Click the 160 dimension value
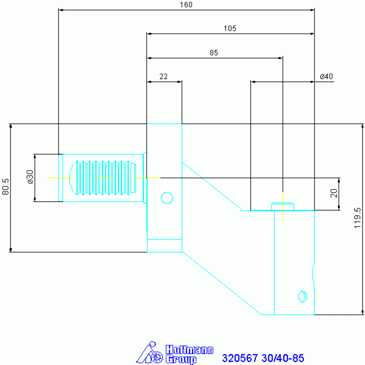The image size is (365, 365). [x=186, y=5]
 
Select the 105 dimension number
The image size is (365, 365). [x=230, y=29]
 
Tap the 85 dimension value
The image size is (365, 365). [x=214, y=53]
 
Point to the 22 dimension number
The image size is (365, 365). [x=163, y=76]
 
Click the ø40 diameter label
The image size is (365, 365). [x=326, y=76]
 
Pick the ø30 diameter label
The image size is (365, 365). [x=30, y=177]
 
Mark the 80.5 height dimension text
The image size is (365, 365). [x=5, y=187]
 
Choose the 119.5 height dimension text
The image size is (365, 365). [x=357, y=218]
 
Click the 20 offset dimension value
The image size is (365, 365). [x=334, y=193]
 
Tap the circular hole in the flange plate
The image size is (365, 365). [x=167, y=198]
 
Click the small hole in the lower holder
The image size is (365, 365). [x=303, y=297]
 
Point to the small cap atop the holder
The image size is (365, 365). [x=283, y=207]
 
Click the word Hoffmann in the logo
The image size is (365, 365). [x=189, y=350]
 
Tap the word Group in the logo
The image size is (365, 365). [x=181, y=360]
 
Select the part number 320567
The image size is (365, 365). [x=240, y=358]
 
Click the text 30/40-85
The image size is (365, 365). [x=283, y=358]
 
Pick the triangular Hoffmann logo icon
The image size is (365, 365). [x=149, y=353]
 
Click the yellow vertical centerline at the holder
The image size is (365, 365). [x=283, y=207]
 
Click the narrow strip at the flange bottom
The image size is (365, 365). [x=165, y=246]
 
